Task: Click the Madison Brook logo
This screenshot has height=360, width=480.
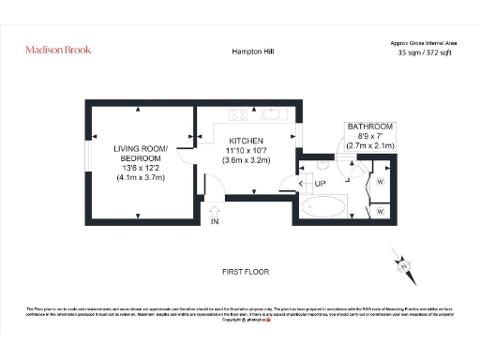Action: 57,50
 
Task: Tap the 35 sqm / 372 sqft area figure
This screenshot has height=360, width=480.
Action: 423,54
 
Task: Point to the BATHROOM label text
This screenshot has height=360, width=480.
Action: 369,127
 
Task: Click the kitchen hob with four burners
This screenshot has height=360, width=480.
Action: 237,117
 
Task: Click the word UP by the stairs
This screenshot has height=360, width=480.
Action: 320,183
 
